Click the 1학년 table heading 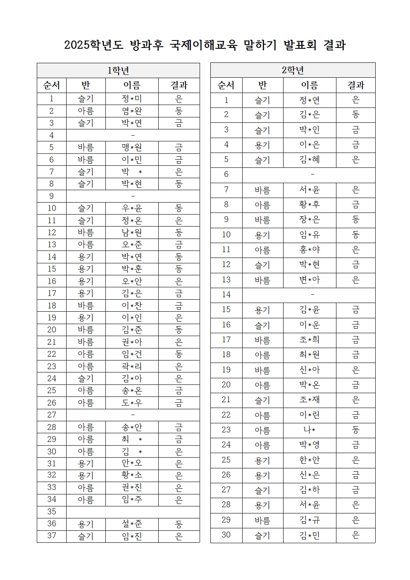(118, 71)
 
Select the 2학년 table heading (293, 70)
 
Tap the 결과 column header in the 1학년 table (179, 85)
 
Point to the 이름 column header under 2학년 (309, 85)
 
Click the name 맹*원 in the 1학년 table (132, 148)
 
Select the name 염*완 (132, 111)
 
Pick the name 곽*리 (132, 366)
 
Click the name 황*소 (132, 475)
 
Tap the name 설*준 (132, 524)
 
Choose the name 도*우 (132, 403)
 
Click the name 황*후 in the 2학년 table (309, 205)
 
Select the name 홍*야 (309, 250)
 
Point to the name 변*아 (309, 280)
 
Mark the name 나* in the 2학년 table (309, 430)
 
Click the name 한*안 (309, 460)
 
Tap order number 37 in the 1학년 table (52, 536)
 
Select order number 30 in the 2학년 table (226, 535)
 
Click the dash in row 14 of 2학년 (312, 295)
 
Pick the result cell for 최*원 (355, 355)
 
